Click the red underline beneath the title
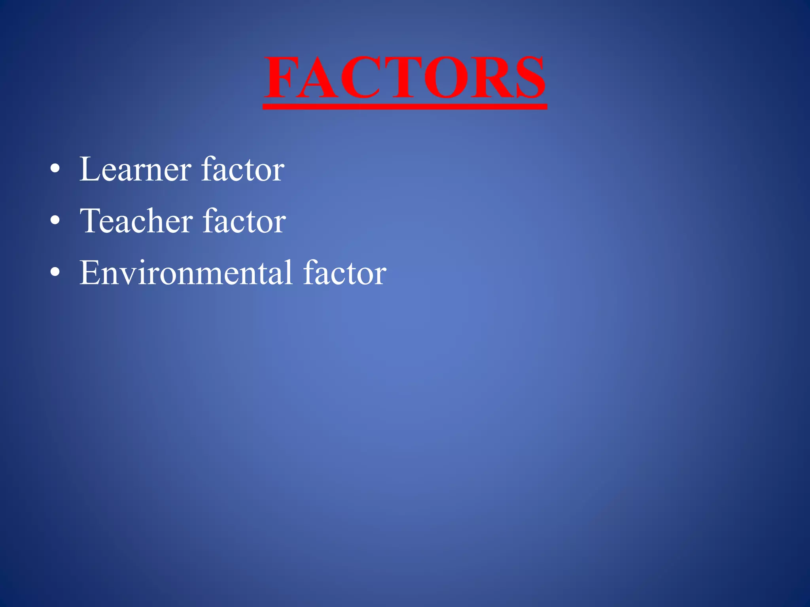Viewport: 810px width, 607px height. tap(405, 107)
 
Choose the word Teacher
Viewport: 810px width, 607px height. tap(136, 221)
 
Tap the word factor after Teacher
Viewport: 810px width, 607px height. tap(244, 221)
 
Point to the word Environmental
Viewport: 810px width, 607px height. tap(186, 273)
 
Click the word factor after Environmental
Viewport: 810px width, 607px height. tap(344, 273)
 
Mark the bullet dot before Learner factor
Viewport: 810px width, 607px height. tap(55, 169)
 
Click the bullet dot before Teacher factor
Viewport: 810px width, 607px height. tap(55, 221)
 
